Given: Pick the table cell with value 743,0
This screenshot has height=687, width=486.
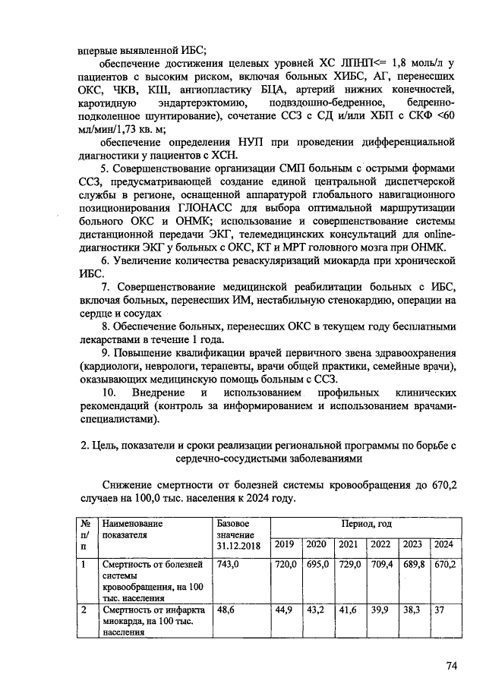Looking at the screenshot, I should click(229, 565).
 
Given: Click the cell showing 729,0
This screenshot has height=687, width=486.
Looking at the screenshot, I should click(349, 565).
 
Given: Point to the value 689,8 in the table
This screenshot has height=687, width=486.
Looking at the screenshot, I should click(412, 565).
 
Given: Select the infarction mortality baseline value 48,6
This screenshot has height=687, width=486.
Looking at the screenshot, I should click(226, 610).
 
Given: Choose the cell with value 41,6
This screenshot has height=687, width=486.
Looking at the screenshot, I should click(349, 610).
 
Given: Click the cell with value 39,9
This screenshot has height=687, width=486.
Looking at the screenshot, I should click(380, 610).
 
